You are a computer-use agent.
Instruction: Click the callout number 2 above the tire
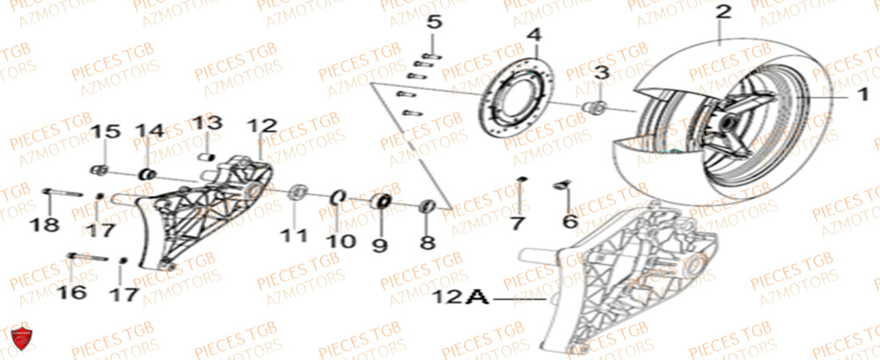click(723, 13)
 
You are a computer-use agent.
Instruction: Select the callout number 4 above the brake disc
click(532, 37)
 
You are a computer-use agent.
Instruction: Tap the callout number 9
click(379, 244)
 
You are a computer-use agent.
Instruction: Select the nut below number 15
click(100, 169)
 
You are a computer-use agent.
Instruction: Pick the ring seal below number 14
click(148, 173)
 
